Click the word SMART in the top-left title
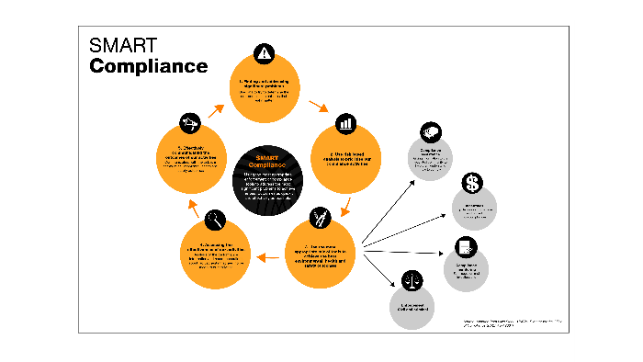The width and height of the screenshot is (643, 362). click(124, 47)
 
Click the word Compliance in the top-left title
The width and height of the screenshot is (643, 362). click(148, 66)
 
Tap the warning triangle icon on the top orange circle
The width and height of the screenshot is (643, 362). click(265, 52)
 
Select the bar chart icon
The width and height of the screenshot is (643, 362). click(345, 123)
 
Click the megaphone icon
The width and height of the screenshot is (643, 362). click(191, 122)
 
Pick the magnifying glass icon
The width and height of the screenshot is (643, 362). click(215, 219)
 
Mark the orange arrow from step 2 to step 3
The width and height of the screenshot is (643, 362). click(345, 204)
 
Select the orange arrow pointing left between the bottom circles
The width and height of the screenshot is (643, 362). click(268, 258)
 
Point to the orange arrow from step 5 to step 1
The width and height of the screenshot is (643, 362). click(216, 110)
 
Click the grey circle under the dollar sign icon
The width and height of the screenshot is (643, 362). click(476, 210)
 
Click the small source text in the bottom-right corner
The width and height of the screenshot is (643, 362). click(512, 322)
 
